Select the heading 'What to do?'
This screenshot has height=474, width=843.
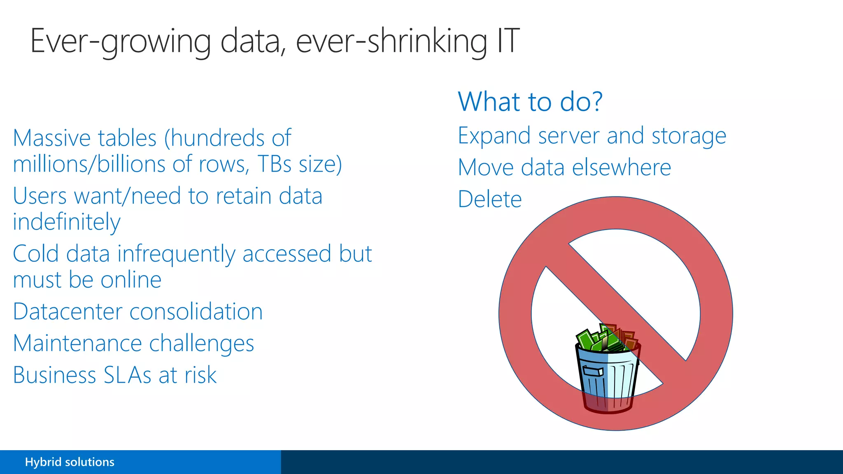(x=530, y=102)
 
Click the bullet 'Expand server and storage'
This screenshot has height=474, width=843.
(x=592, y=136)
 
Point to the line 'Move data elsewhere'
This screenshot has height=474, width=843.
(x=564, y=168)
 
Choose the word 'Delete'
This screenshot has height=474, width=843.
(x=490, y=200)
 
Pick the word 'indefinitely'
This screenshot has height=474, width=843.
(x=67, y=223)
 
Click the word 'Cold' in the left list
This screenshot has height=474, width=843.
(x=36, y=254)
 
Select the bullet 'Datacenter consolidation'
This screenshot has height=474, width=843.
(x=138, y=312)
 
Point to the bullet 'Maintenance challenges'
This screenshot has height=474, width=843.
(x=133, y=344)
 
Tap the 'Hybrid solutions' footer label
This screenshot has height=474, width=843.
(x=70, y=462)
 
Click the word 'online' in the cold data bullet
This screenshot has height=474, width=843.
(x=131, y=280)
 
